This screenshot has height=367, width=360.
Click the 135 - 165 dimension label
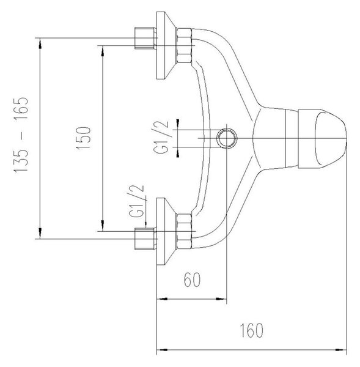21,135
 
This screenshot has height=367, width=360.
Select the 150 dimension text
83,138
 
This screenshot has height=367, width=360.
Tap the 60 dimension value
192,280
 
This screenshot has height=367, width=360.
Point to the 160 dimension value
252,330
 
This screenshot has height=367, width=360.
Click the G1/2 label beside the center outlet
161,137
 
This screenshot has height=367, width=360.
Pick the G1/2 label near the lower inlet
136,201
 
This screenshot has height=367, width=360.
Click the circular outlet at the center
227,138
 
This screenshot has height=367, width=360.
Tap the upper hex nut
185,45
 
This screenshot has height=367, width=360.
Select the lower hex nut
185,231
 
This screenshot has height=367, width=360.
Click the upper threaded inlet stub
145,38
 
